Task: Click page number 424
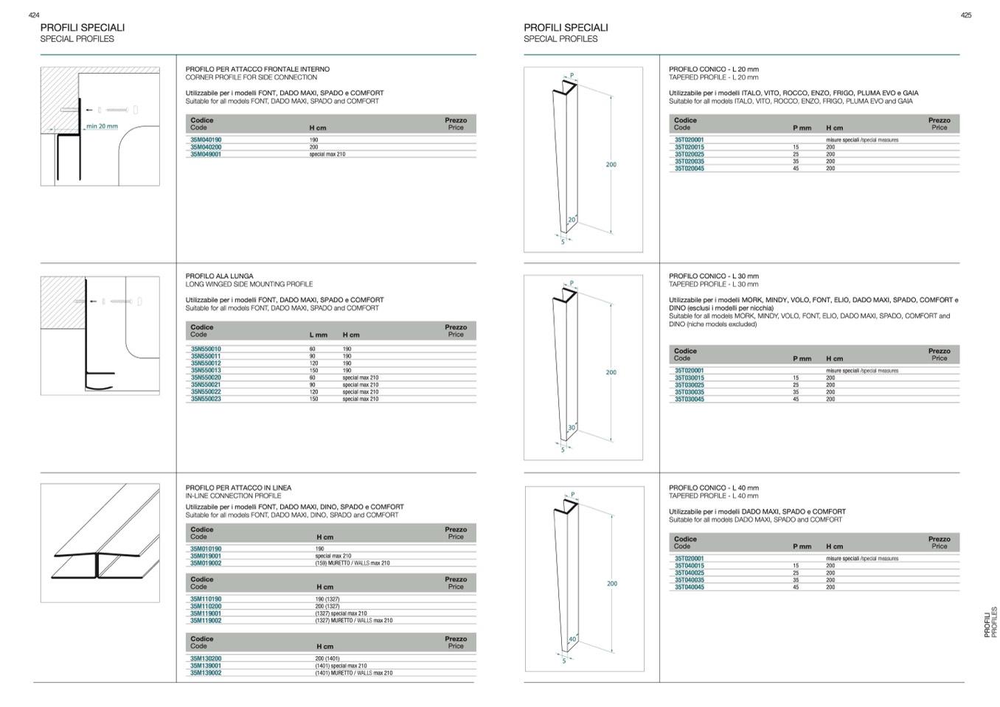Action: click(33, 15)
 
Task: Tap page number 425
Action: click(966, 15)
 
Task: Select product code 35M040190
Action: click(206, 139)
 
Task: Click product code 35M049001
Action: click(206, 154)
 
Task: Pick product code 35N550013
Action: click(206, 370)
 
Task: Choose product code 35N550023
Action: click(206, 399)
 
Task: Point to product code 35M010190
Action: click(206, 548)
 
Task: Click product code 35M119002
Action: click(206, 621)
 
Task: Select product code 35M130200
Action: click(206, 658)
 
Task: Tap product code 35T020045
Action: click(690, 168)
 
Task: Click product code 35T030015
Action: click(690, 377)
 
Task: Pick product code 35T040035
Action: click(690, 580)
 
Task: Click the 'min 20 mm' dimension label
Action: click(102, 126)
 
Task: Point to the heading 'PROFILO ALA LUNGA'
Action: click(219, 276)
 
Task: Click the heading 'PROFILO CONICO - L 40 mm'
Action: click(713, 488)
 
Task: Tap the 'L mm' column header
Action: click(318, 335)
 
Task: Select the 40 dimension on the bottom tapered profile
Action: click(572, 639)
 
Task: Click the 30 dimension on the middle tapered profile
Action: click(572, 428)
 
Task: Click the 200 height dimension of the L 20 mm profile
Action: click(611, 164)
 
